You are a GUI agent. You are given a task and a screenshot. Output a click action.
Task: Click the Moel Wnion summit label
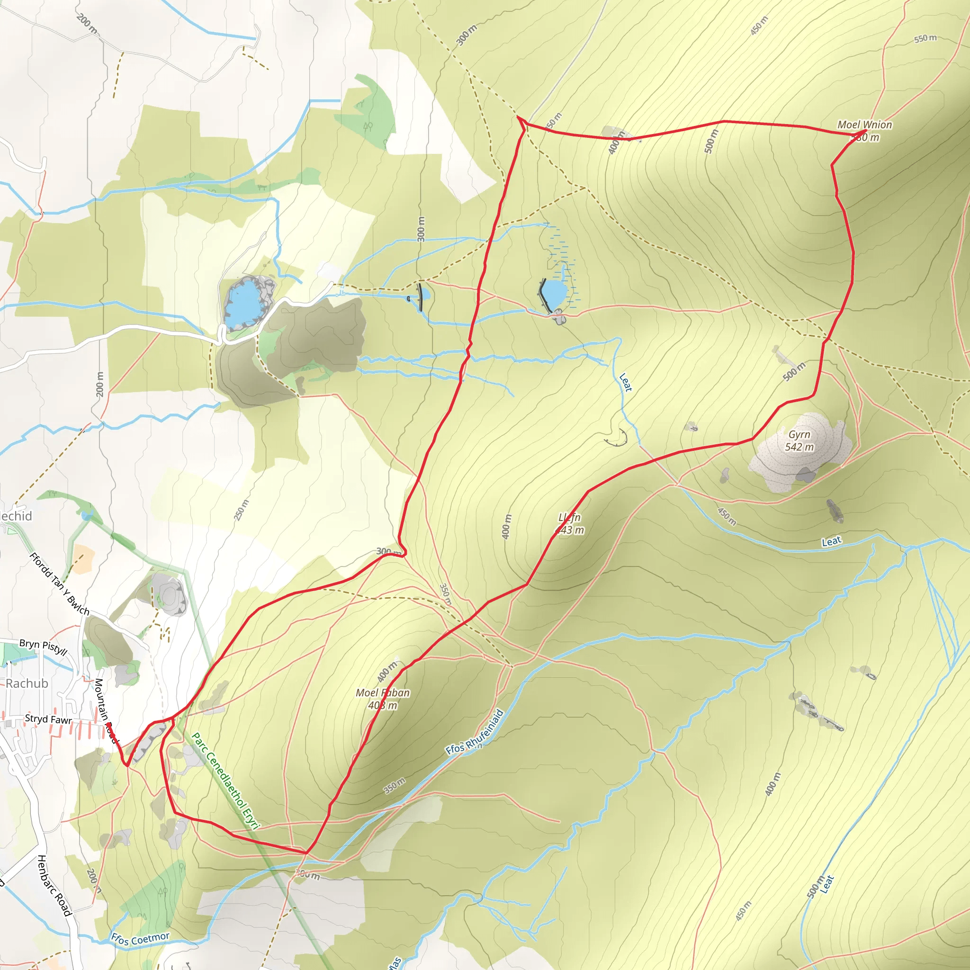tap(864, 125)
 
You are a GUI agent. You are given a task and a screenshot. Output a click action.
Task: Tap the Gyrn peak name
tap(799, 434)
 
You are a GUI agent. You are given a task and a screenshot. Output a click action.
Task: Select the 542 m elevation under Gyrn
tap(799, 447)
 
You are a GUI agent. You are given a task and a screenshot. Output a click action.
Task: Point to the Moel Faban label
tap(383, 693)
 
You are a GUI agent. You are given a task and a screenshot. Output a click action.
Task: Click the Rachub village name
tap(27, 683)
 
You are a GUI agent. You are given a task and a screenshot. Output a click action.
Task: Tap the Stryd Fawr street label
tap(48, 719)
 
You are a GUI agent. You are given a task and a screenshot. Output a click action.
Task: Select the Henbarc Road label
tap(54, 886)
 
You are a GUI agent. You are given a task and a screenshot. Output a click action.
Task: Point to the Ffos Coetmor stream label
tap(141, 938)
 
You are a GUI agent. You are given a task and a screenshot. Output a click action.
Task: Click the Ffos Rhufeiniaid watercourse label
tap(475, 732)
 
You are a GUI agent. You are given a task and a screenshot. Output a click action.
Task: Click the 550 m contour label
tap(925, 38)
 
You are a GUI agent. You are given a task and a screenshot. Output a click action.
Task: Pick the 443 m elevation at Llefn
tap(570, 530)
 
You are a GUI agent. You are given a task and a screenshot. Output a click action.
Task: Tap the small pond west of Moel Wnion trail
tap(554, 294)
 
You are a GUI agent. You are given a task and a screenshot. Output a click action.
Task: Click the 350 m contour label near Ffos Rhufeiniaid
tap(395, 785)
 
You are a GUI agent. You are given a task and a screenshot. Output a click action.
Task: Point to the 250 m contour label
tap(242, 510)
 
